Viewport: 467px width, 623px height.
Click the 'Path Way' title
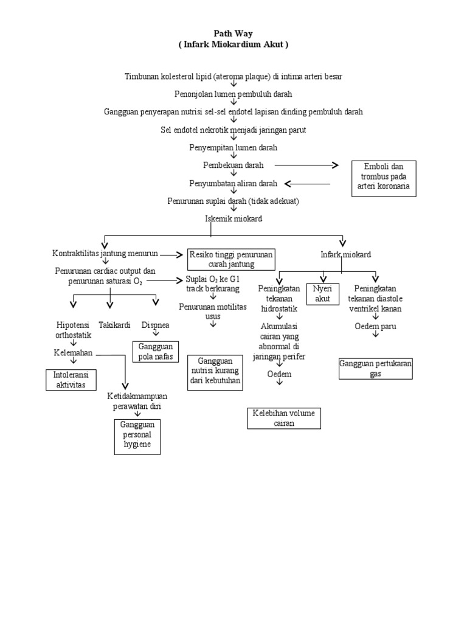[x=233, y=34]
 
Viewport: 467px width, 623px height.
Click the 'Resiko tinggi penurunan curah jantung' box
[x=230, y=259]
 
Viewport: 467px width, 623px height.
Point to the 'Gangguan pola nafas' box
[x=155, y=350]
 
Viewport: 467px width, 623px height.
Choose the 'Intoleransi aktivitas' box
[x=71, y=380]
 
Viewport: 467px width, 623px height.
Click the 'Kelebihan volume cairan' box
[x=283, y=419]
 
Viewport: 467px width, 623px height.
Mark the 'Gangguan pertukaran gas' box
[x=375, y=369]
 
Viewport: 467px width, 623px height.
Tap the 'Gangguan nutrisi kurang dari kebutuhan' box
[x=215, y=372]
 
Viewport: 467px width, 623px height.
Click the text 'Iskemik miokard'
[x=233, y=218]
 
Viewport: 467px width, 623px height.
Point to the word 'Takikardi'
[x=114, y=325]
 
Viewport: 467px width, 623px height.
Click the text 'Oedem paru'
[x=375, y=326]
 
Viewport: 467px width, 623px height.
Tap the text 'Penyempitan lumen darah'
[x=233, y=147]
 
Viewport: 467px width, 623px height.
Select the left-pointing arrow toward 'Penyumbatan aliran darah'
[x=307, y=183]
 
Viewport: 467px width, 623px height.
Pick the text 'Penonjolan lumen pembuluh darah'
[x=233, y=94]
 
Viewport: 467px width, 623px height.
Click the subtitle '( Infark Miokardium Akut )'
[x=233, y=45]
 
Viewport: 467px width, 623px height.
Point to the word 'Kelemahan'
[x=74, y=353]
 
